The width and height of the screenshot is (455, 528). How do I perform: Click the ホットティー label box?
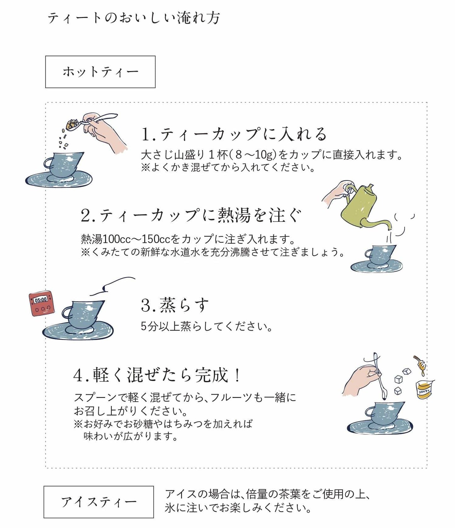(x=100, y=72)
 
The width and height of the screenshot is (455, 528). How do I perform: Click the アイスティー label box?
(x=99, y=502)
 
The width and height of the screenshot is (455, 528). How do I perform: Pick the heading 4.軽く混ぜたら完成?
(x=157, y=375)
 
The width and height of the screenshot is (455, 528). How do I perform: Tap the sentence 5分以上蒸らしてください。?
(x=207, y=326)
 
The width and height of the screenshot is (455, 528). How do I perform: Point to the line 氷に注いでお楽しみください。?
(x=238, y=508)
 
